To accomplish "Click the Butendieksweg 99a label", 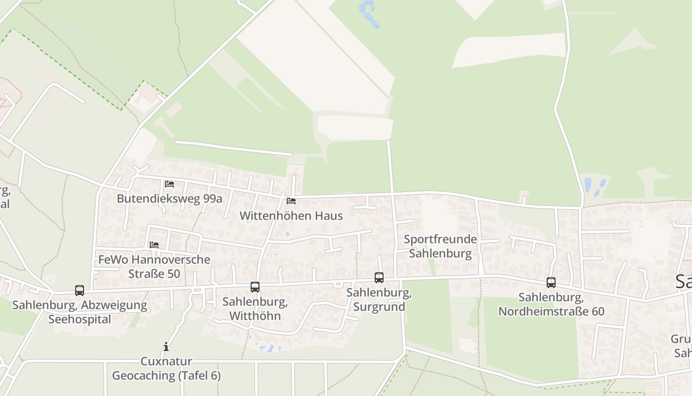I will pyautogui.click(x=170, y=198).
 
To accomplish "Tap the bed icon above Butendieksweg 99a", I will pyautogui.click(x=170, y=184).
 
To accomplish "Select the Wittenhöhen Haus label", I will pyautogui.click(x=291, y=216).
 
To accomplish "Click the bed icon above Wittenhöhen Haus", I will pyautogui.click(x=291, y=201).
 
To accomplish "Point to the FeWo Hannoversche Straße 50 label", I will pyautogui.click(x=154, y=266).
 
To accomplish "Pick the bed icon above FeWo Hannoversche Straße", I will pyautogui.click(x=154, y=245).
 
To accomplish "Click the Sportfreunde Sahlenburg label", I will pyautogui.click(x=440, y=247).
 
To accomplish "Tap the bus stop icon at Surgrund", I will pyautogui.click(x=379, y=277).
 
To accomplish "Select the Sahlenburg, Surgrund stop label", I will pyautogui.click(x=379, y=299).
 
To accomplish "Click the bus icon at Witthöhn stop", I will pyautogui.click(x=255, y=287).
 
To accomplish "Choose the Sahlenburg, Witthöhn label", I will pyautogui.click(x=255, y=309).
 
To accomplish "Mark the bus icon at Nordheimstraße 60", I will pyautogui.click(x=551, y=282).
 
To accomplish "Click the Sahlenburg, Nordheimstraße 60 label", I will pyautogui.click(x=551, y=304).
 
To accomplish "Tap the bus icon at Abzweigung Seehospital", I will pyautogui.click(x=80, y=290).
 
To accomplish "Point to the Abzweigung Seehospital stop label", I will pyautogui.click(x=80, y=312).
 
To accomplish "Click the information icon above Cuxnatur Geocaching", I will pyautogui.click(x=166, y=346).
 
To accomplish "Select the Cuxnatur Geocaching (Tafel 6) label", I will pyautogui.click(x=166, y=368).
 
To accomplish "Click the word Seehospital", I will pyautogui.click(x=80, y=319).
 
